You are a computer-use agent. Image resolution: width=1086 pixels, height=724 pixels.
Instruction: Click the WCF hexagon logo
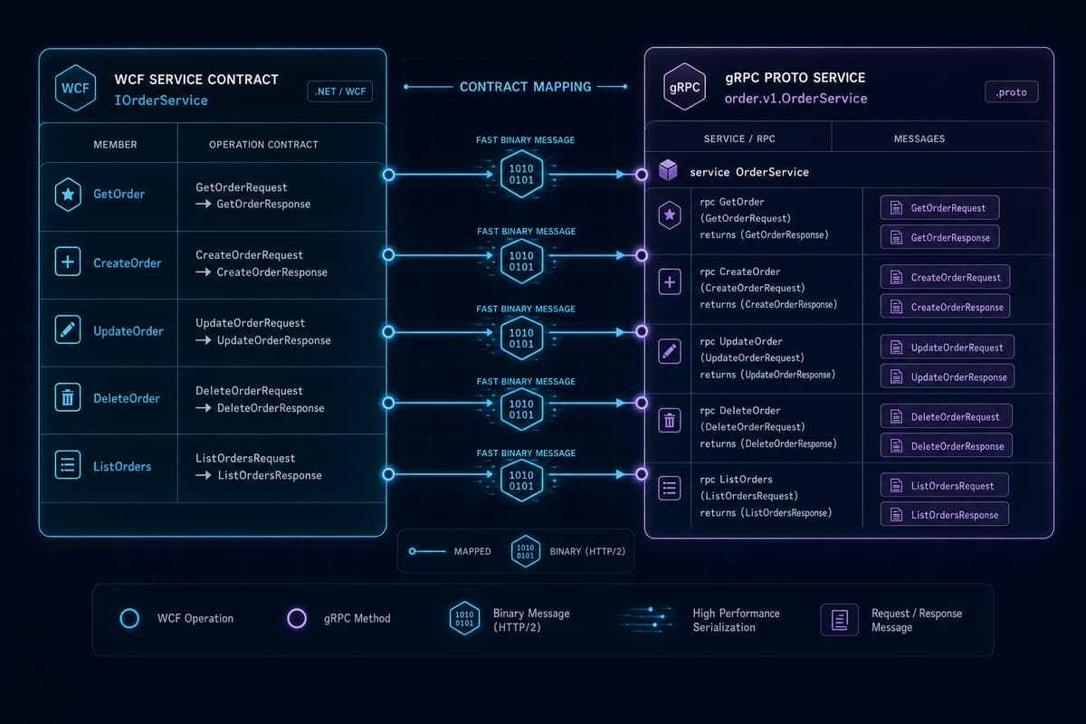[75, 88]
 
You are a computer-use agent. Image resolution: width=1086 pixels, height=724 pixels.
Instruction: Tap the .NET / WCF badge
[340, 91]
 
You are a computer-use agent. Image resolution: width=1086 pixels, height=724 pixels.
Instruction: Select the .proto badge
[1012, 91]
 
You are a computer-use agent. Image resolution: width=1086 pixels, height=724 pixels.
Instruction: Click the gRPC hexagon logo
[684, 87]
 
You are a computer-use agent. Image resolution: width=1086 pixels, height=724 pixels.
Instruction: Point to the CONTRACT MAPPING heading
[526, 87]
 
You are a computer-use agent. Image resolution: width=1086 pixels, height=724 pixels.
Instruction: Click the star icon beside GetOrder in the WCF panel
[68, 195]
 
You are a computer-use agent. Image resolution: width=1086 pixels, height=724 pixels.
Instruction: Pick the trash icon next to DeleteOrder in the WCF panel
[68, 397]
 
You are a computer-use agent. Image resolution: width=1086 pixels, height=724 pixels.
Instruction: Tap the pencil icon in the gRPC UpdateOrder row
[670, 351]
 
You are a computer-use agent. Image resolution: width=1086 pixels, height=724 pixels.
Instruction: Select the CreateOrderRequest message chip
[945, 277]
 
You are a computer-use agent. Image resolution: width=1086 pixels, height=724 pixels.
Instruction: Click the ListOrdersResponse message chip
[945, 514]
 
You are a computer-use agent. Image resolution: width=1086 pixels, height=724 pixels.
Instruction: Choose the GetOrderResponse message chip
[939, 237]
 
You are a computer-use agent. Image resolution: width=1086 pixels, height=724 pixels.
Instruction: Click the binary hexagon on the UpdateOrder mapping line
[521, 338]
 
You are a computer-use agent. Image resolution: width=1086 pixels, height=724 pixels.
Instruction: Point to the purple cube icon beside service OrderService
[668, 170]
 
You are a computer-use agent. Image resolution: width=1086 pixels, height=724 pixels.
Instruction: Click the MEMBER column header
[116, 145]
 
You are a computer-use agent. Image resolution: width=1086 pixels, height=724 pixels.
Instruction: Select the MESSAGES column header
[919, 138]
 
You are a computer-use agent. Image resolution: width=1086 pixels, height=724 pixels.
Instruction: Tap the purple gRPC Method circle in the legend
[297, 618]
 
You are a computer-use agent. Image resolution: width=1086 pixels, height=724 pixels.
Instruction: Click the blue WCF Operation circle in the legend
[129, 618]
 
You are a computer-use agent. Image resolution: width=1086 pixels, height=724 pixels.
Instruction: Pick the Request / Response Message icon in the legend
[839, 620]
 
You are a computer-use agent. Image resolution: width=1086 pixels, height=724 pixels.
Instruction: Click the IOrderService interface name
[161, 100]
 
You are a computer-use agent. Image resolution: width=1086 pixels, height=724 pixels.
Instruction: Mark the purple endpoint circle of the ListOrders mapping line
[642, 474]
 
